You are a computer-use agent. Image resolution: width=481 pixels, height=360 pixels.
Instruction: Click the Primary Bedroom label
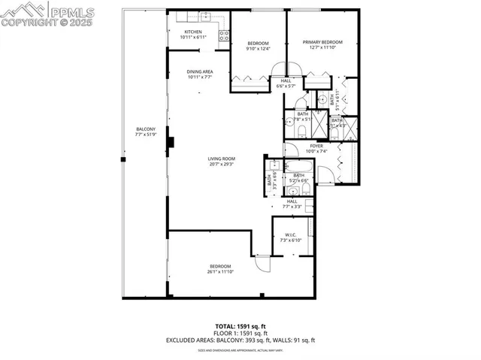coord(322,42)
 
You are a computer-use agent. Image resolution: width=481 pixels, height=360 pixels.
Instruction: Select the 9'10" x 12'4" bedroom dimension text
coord(258,49)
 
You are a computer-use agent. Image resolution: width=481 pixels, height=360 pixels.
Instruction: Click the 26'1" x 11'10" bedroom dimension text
coord(219,271)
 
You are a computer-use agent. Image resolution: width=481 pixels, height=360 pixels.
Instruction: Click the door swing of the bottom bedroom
coord(262,263)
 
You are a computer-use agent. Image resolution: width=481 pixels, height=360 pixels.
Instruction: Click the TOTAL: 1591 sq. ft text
coord(240,325)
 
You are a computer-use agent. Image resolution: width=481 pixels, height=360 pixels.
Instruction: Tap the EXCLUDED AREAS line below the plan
coord(240,340)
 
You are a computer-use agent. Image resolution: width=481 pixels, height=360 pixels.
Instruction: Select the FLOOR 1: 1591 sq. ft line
coord(240,333)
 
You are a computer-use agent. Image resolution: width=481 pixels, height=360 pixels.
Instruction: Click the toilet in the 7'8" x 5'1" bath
coord(301,131)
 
